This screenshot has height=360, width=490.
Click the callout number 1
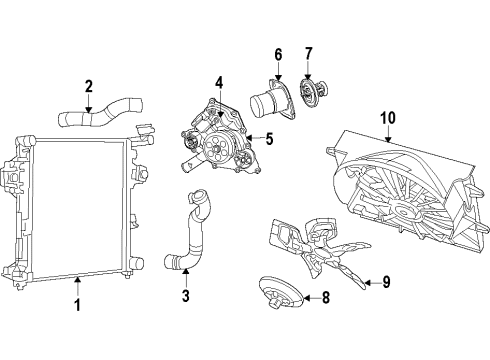[76, 304]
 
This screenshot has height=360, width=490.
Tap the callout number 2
[89, 86]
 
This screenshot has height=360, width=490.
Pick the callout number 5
[269, 139]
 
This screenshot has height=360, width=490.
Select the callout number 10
[386, 117]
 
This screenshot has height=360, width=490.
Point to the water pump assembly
[218, 145]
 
